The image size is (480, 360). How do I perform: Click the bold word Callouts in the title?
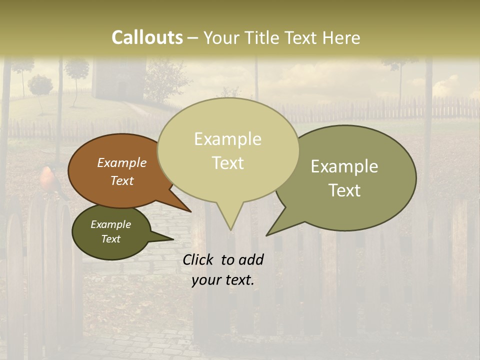coord(147,37)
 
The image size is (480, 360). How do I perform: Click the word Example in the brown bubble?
coord(122,163)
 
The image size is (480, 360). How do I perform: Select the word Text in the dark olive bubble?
coord(111,239)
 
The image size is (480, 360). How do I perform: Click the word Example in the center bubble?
coord(227,139)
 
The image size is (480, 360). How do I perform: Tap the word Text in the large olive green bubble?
coord(345,190)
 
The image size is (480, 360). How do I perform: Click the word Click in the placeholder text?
coord(198,259)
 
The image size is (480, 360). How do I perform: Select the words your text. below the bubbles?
coord(223,280)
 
